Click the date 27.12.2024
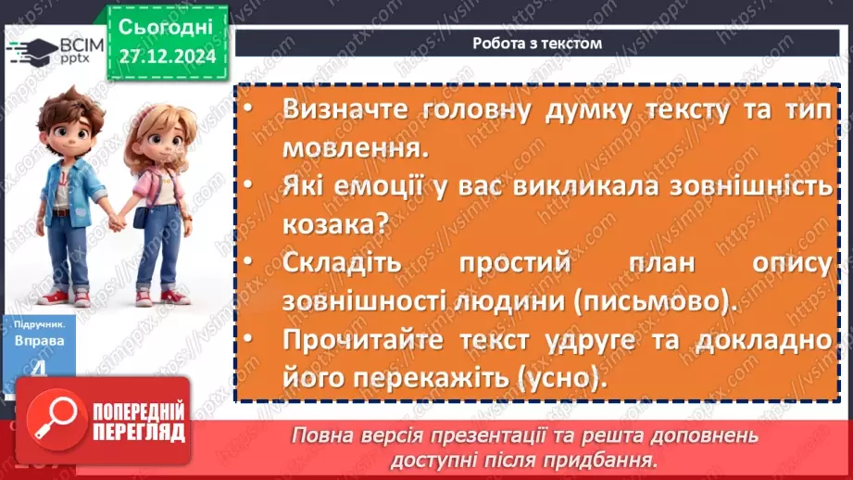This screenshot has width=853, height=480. coord(167,57)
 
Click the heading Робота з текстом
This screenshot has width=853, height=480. coord(536,43)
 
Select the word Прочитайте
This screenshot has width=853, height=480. coord(357,340)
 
